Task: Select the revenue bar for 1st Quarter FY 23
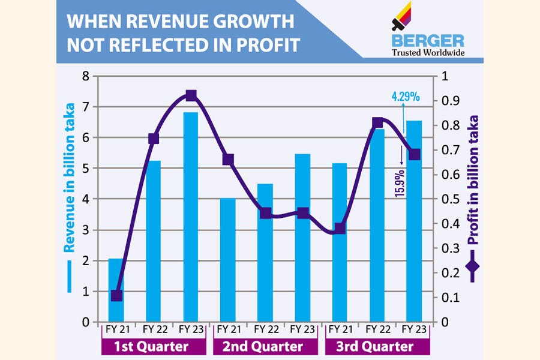(x=191, y=217)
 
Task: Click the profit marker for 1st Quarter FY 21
(x=116, y=295)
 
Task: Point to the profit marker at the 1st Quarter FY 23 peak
(x=191, y=95)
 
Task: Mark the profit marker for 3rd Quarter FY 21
(x=340, y=228)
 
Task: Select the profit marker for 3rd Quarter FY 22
(x=377, y=123)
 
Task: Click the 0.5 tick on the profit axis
(x=449, y=199)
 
